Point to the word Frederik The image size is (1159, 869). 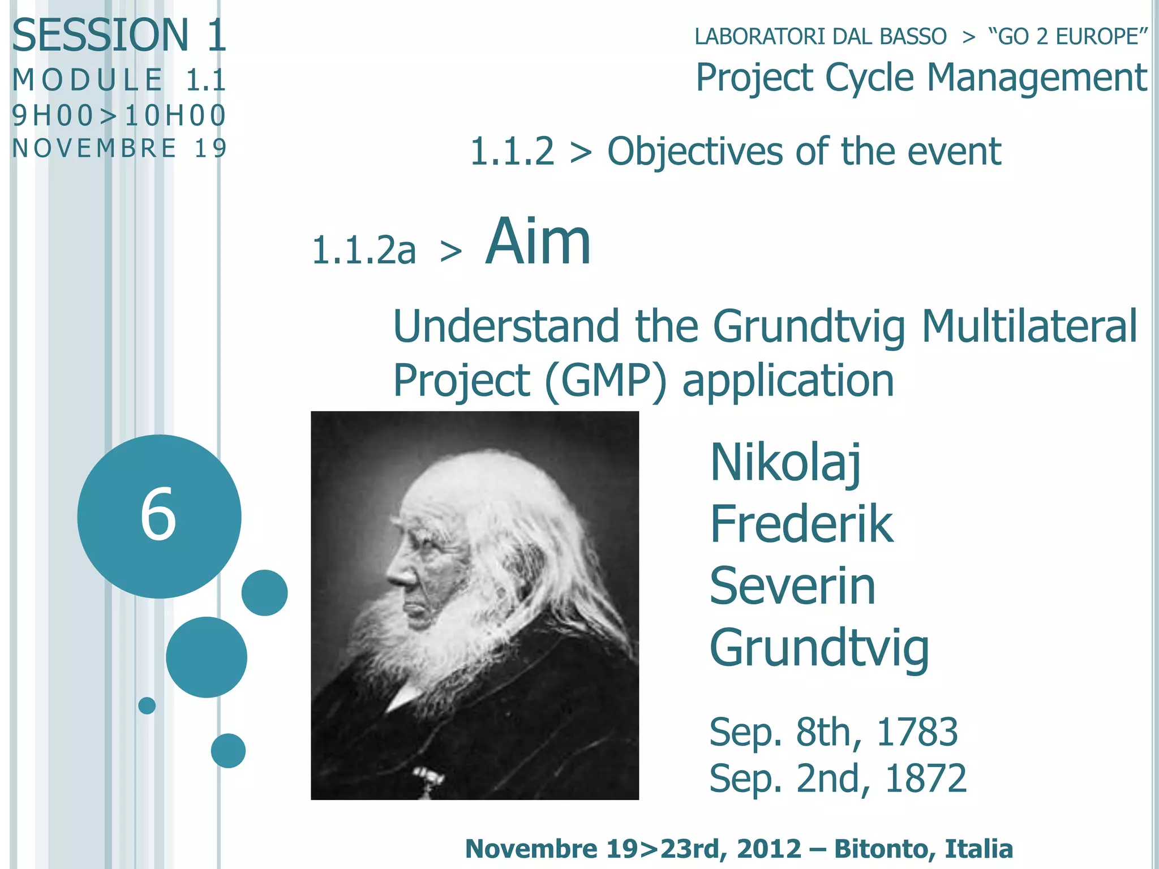coord(801,524)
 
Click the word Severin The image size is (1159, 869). coord(792,586)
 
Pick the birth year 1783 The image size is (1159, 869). coord(917,732)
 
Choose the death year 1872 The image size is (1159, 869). coord(925,778)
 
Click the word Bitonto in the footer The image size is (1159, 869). coord(877,849)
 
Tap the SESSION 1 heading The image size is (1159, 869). coord(119,35)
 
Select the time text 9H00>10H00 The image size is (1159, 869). coord(119,115)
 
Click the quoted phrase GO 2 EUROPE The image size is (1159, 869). coord(1067,37)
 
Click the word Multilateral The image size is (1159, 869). coord(1029,326)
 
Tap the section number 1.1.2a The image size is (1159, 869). coord(364,250)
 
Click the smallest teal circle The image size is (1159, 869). coord(147,705)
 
